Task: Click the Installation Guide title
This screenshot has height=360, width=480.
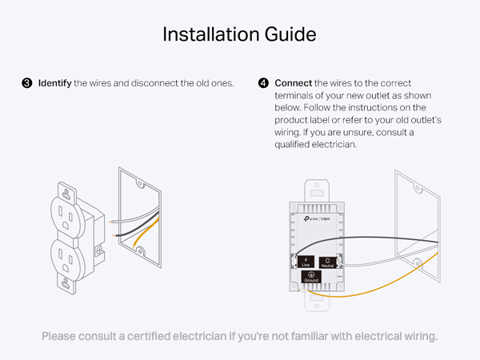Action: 239,34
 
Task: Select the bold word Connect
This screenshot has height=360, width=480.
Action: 294,83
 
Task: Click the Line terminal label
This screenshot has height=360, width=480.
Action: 305,261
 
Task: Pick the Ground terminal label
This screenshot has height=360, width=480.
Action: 311,278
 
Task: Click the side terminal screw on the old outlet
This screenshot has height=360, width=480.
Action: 98,250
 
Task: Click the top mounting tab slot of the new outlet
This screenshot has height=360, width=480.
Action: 315,192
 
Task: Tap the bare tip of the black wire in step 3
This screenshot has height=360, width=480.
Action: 118,236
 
